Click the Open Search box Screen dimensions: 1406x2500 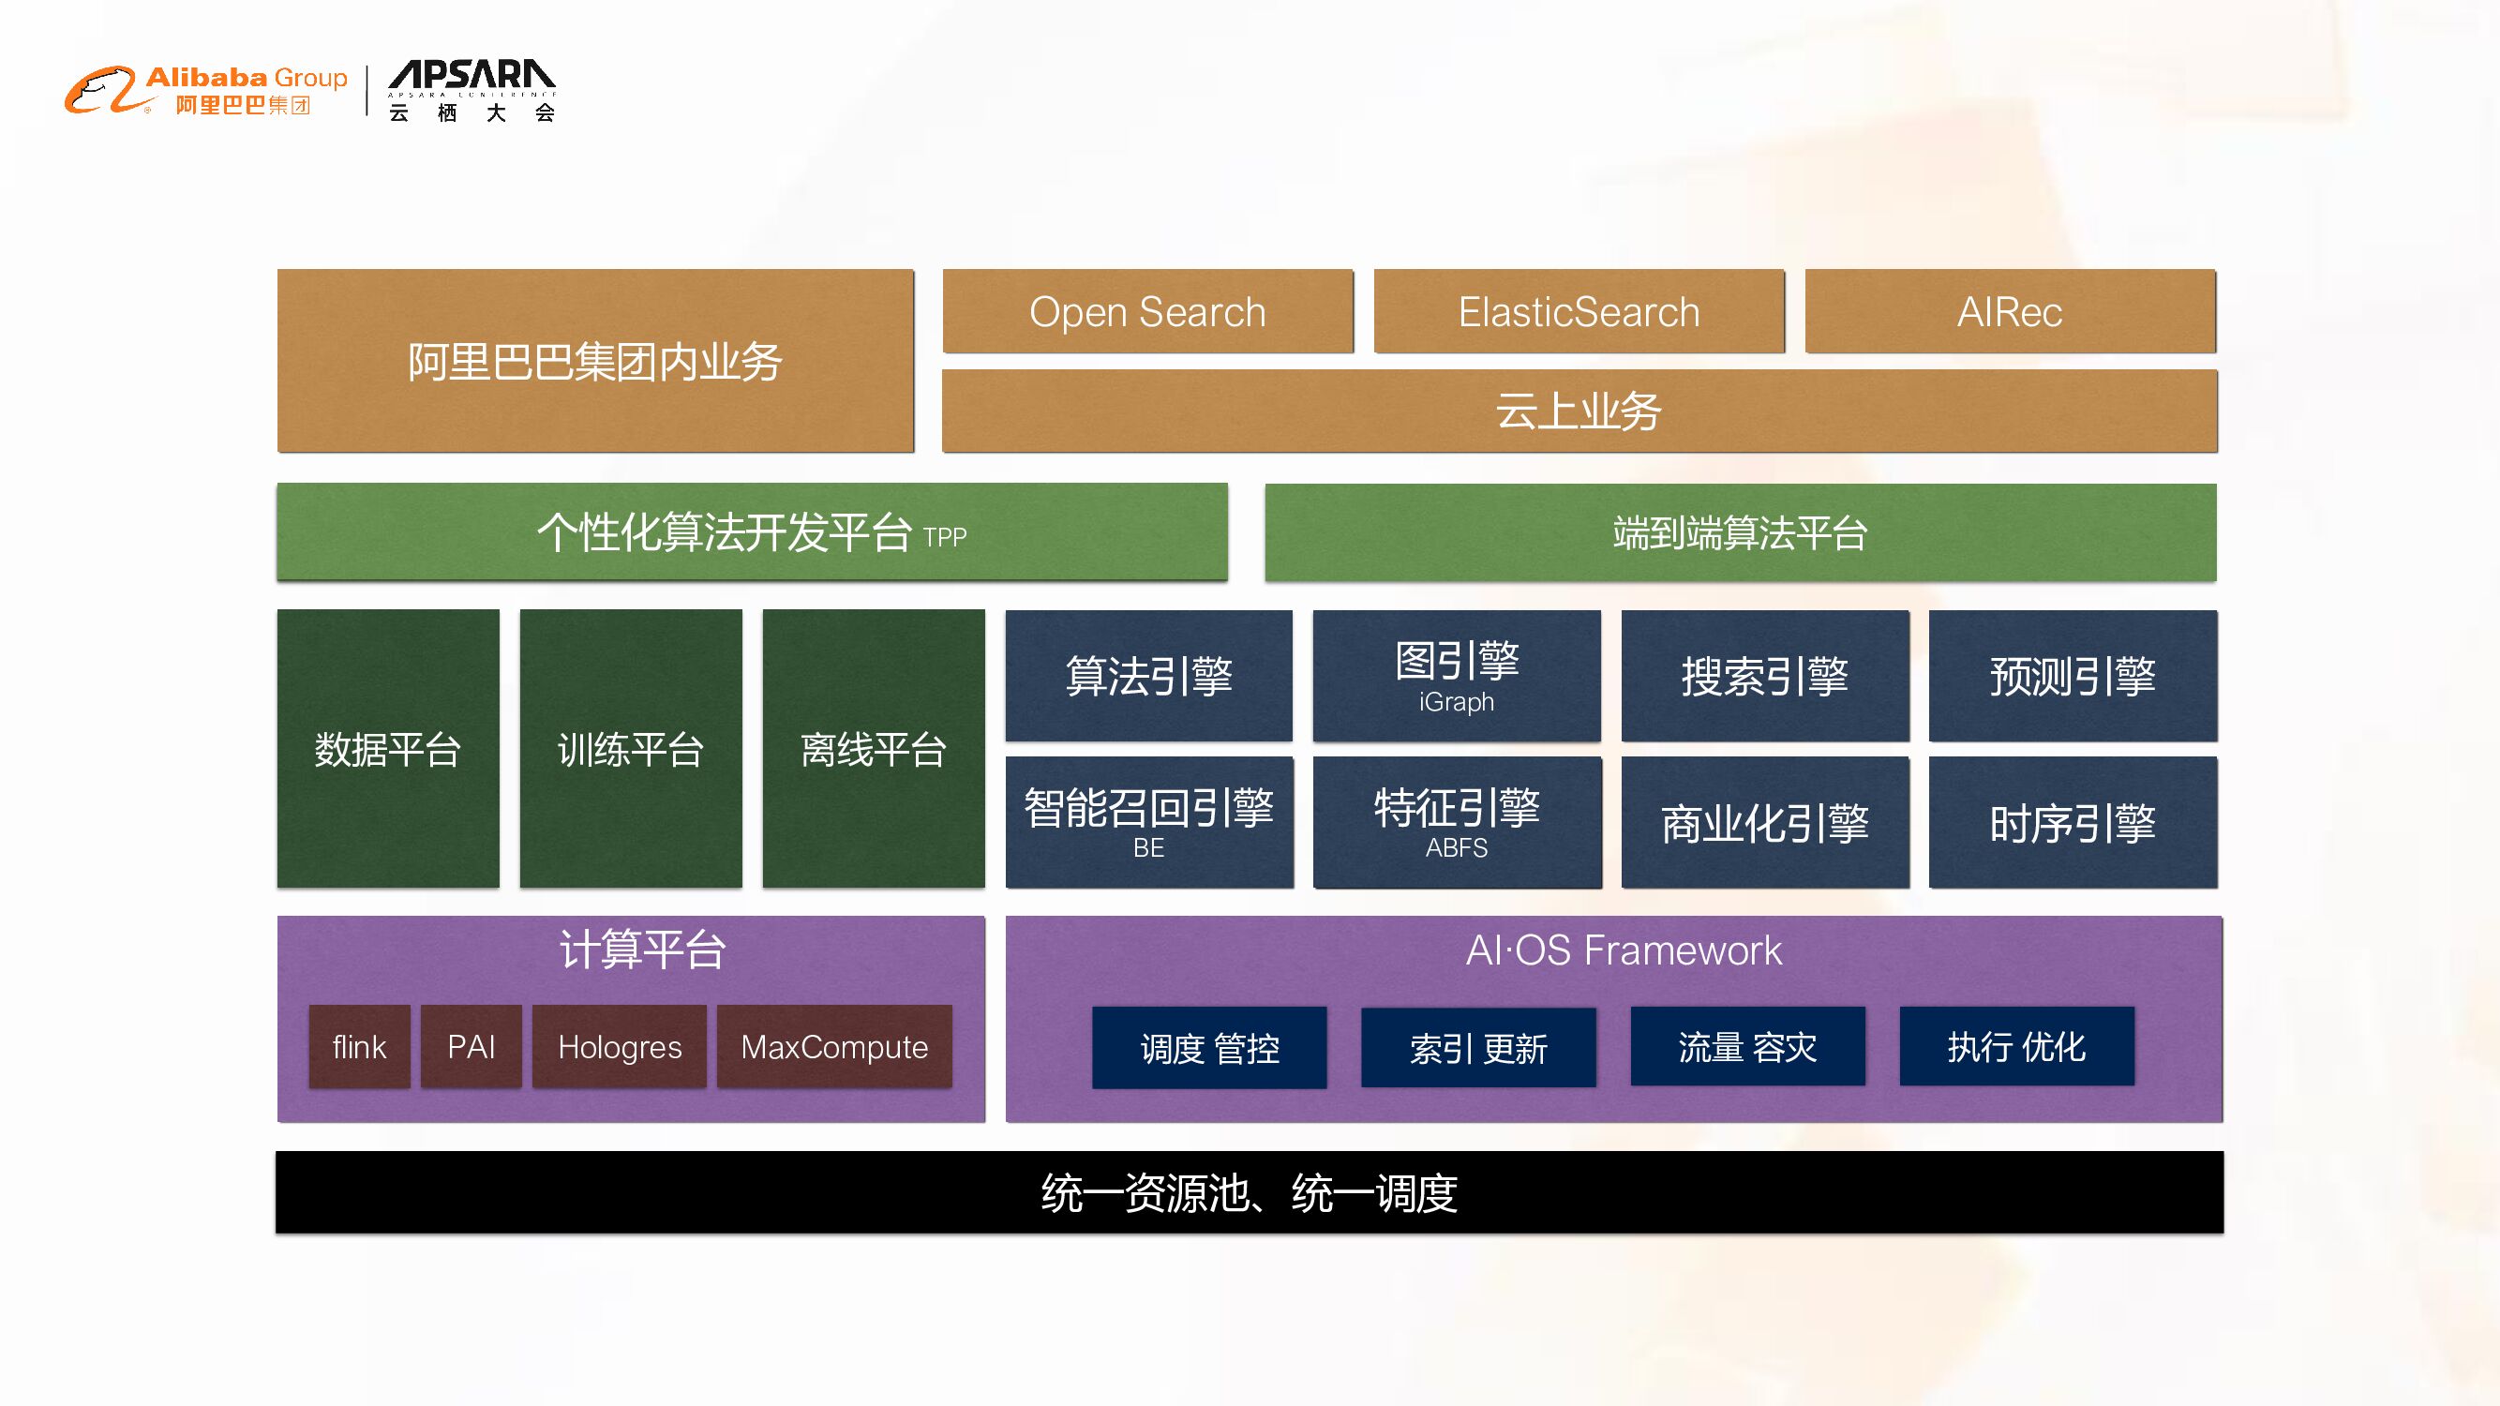coord(1147,311)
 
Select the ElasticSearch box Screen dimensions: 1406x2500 coord(1579,311)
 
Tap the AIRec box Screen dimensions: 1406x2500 coord(2010,311)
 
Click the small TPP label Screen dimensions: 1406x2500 coord(944,537)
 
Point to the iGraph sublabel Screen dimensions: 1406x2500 coord(1456,701)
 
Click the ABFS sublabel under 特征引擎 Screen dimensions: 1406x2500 coord(1456,848)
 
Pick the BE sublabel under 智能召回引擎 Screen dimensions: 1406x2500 coord(1148,848)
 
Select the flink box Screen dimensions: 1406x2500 coord(359,1047)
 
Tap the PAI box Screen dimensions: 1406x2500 coord(471,1047)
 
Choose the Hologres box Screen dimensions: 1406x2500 coord(620,1047)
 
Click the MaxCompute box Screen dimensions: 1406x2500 coord(833,1047)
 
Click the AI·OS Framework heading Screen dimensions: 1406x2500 coord(1624,950)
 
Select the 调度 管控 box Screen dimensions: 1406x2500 coord(1209,1048)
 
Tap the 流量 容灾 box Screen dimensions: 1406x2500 coord(1747,1047)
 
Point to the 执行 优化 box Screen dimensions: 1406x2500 coord(2015,1047)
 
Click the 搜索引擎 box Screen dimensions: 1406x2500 coord(1764,677)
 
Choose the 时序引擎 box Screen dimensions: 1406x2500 coord(2072,823)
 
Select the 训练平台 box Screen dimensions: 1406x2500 coord(631,749)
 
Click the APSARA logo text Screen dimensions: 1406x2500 coord(472,76)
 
